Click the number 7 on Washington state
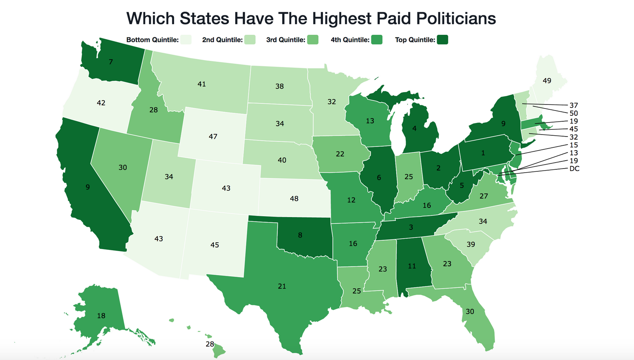[x=111, y=62]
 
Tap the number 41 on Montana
[x=202, y=84]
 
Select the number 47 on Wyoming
[x=213, y=137]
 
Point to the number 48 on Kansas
[x=294, y=199]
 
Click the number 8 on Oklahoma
[x=300, y=235]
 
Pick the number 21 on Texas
[x=282, y=286]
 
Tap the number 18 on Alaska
[x=101, y=316]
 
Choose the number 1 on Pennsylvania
[x=483, y=153]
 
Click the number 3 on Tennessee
[x=411, y=227]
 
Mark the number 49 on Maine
[x=547, y=81]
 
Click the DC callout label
[x=574, y=169]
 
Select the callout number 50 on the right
[x=574, y=113]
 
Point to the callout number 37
[x=574, y=105]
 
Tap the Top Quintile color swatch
[x=442, y=40]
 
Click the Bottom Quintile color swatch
[x=186, y=40]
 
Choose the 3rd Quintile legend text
[x=286, y=40]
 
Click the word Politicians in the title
[x=450, y=18]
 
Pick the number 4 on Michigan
[x=414, y=129]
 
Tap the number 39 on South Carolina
[x=471, y=244]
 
